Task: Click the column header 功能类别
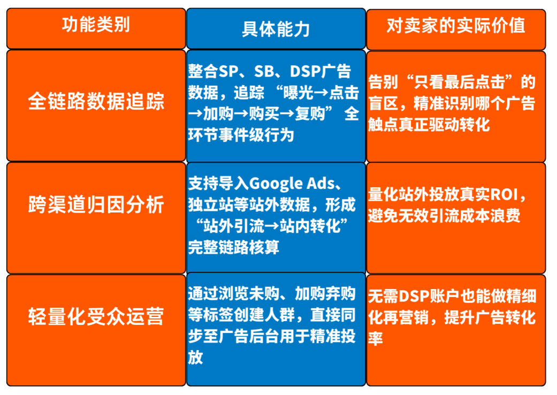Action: click(96, 25)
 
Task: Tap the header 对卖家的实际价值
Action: click(456, 26)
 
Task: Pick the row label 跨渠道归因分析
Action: click(96, 205)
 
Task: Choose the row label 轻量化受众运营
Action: click(96, 317)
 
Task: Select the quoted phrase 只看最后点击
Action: click(457, 82)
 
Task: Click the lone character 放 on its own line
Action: click(195, 357)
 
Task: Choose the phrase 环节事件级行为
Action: click(241, 135)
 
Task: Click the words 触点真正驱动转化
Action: click(429, 125)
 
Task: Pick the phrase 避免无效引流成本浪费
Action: click(444, 215)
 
